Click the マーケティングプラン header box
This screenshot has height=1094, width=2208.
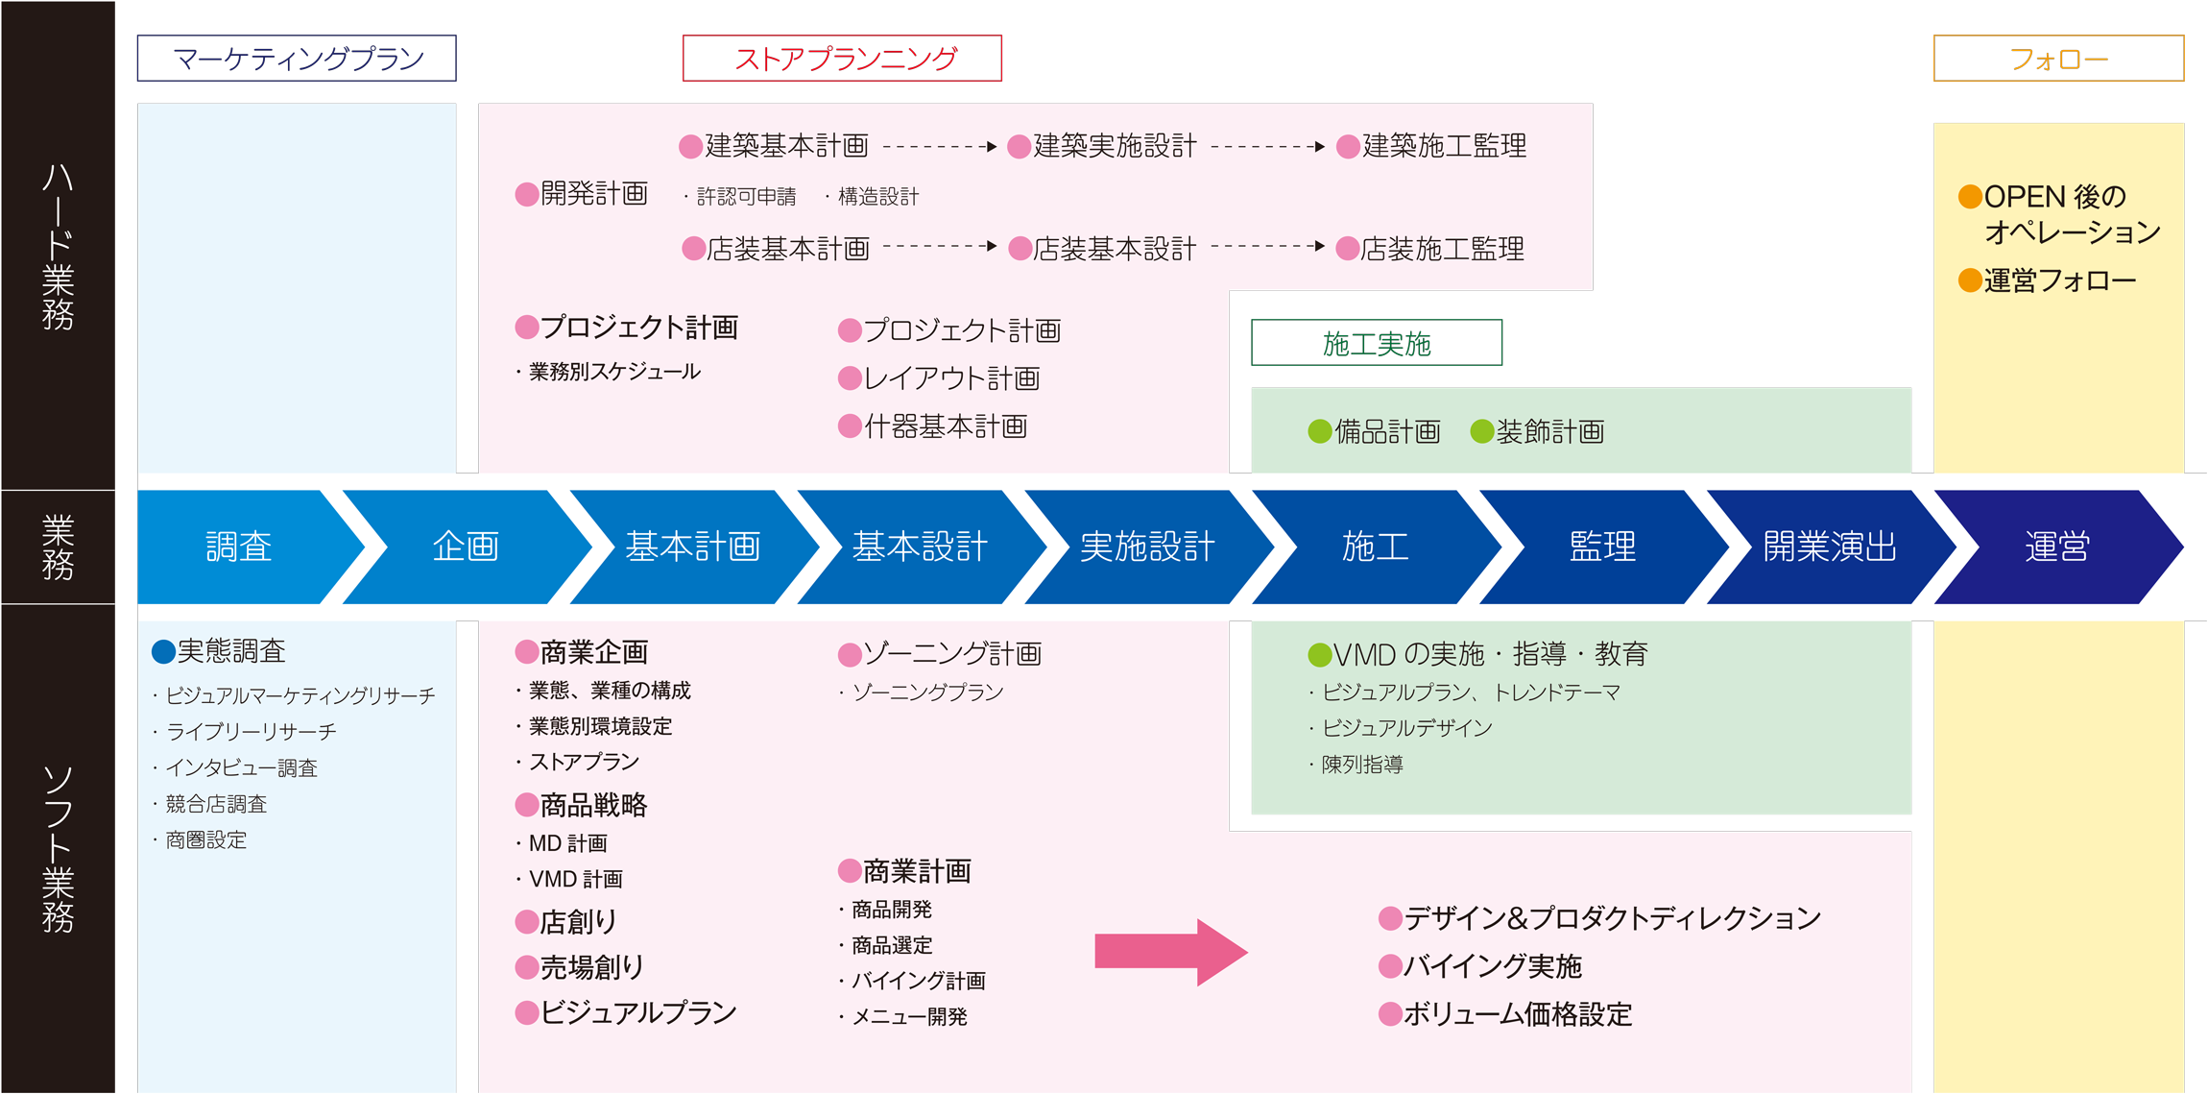[x=297, y=59]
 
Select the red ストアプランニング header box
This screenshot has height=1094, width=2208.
[x=842, y=59]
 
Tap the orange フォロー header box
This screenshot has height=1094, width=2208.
[x=2058, y=59]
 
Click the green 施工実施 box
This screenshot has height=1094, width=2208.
[x=1376, y=343]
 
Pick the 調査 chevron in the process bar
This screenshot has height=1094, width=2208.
[x=239, y=547]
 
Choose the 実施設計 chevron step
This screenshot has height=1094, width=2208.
[x=1147, y=547]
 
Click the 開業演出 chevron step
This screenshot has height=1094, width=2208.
[x=1829, y=547]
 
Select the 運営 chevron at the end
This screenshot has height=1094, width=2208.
[x=2056, y=547]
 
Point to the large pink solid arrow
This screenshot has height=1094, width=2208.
[x=1170, y=952]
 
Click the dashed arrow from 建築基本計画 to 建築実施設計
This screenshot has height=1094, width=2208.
[x=939, y=147]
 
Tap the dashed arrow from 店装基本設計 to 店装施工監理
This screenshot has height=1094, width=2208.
[x=1267, y=247]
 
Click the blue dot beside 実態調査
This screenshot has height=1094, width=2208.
[x=163, y=652]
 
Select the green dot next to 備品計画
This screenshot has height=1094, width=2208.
[x=1320, y=432]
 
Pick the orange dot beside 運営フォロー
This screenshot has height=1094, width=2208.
[x=1970, y=280]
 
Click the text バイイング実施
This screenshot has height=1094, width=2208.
[x=1492, y=966]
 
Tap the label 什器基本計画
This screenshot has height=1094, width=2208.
[x=945, y=426]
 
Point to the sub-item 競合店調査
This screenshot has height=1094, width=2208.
[x=216, y=804]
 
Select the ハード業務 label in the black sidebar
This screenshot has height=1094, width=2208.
[x=58, y=246]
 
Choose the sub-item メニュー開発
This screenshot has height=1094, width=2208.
[x=909, y=1016]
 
